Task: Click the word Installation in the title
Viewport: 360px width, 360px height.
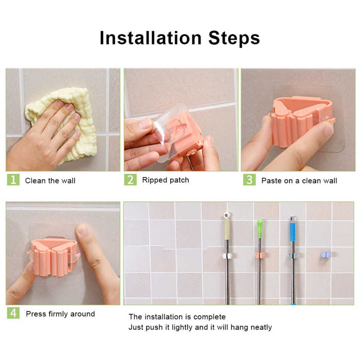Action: pyautogui.click(x=150, y=39)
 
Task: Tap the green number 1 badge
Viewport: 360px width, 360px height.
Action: pyautogui.click(x=13, y=180)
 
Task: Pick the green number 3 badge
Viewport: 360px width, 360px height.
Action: pyautogui.click(x=249, y=180)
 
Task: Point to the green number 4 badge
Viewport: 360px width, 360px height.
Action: pyautogui.click(x=13, y=313)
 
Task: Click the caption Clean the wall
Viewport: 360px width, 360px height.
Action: pyautogui.click(x=50, y=181)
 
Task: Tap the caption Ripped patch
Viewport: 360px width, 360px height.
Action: pyautogui.click(x=165, y=180)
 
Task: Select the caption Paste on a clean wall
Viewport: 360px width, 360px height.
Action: pyautogui.click(x=299, y=181)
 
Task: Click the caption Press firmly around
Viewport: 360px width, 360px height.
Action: pyautogui.click(x=60, y=314)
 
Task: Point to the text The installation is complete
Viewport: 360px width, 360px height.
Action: pyautogui.click(x=177, y=317)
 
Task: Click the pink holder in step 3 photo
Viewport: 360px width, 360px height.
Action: pyautogui.click(x=300, y=120)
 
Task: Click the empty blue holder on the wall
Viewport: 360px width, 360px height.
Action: pyautogui.click(x=325, y=254)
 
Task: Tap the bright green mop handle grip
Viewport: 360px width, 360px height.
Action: pyautogui.click(x=260, y=226)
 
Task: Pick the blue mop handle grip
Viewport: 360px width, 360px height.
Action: pyautogui.click(x=293, y=231)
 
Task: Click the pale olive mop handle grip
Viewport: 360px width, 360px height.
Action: pyautogui.click(x=227, y=226)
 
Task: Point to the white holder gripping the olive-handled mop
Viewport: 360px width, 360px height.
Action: pyautogui.click(x=226, y=255)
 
